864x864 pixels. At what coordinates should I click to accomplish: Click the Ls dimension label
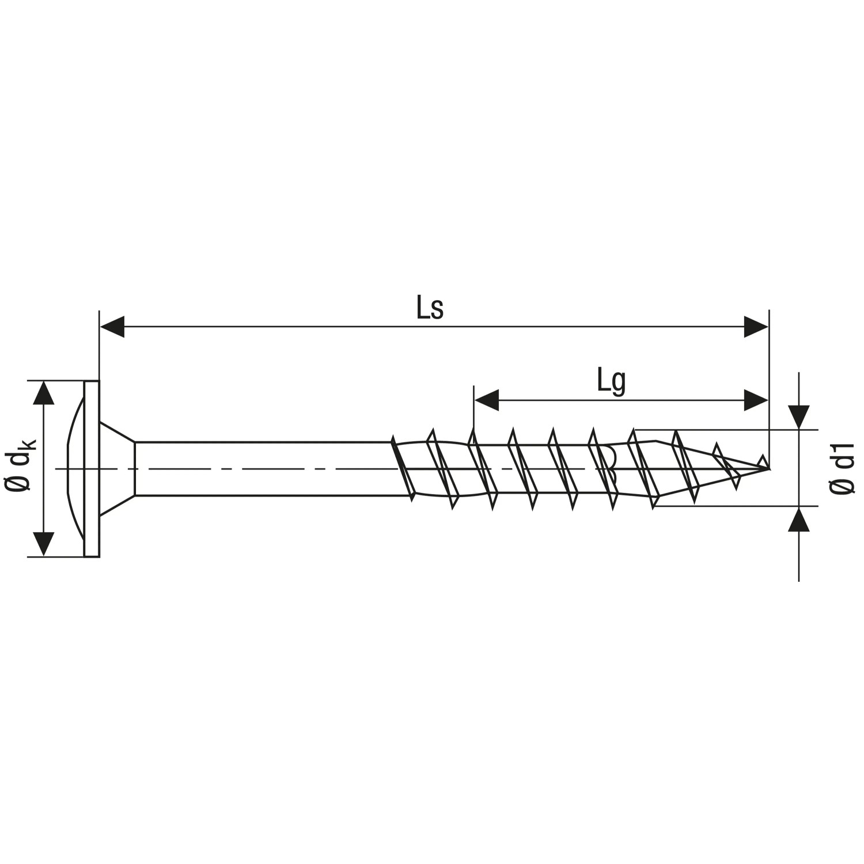click(x=430, y=309)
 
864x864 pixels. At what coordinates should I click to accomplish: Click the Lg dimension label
click(x=611, y=382)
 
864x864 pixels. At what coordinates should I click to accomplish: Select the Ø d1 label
click(x=842, y=468)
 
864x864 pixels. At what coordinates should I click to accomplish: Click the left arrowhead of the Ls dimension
click(x=112, y=327)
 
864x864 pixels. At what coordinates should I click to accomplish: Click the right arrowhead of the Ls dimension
click(x=756, y=327)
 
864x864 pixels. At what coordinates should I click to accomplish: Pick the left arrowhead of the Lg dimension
click(x=486, y=400)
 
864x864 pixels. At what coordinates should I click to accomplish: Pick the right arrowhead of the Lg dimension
click(x=756, y=400)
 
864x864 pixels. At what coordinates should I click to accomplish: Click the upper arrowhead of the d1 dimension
click(x=799, y=417)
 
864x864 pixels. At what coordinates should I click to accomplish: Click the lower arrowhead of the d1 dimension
click(x=799, y=519)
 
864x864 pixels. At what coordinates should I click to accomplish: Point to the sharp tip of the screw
click(x=768, y=468)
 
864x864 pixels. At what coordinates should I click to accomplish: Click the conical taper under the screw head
click(x=117, y=468)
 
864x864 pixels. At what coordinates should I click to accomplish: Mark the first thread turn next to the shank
click(x=403, y=468)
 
